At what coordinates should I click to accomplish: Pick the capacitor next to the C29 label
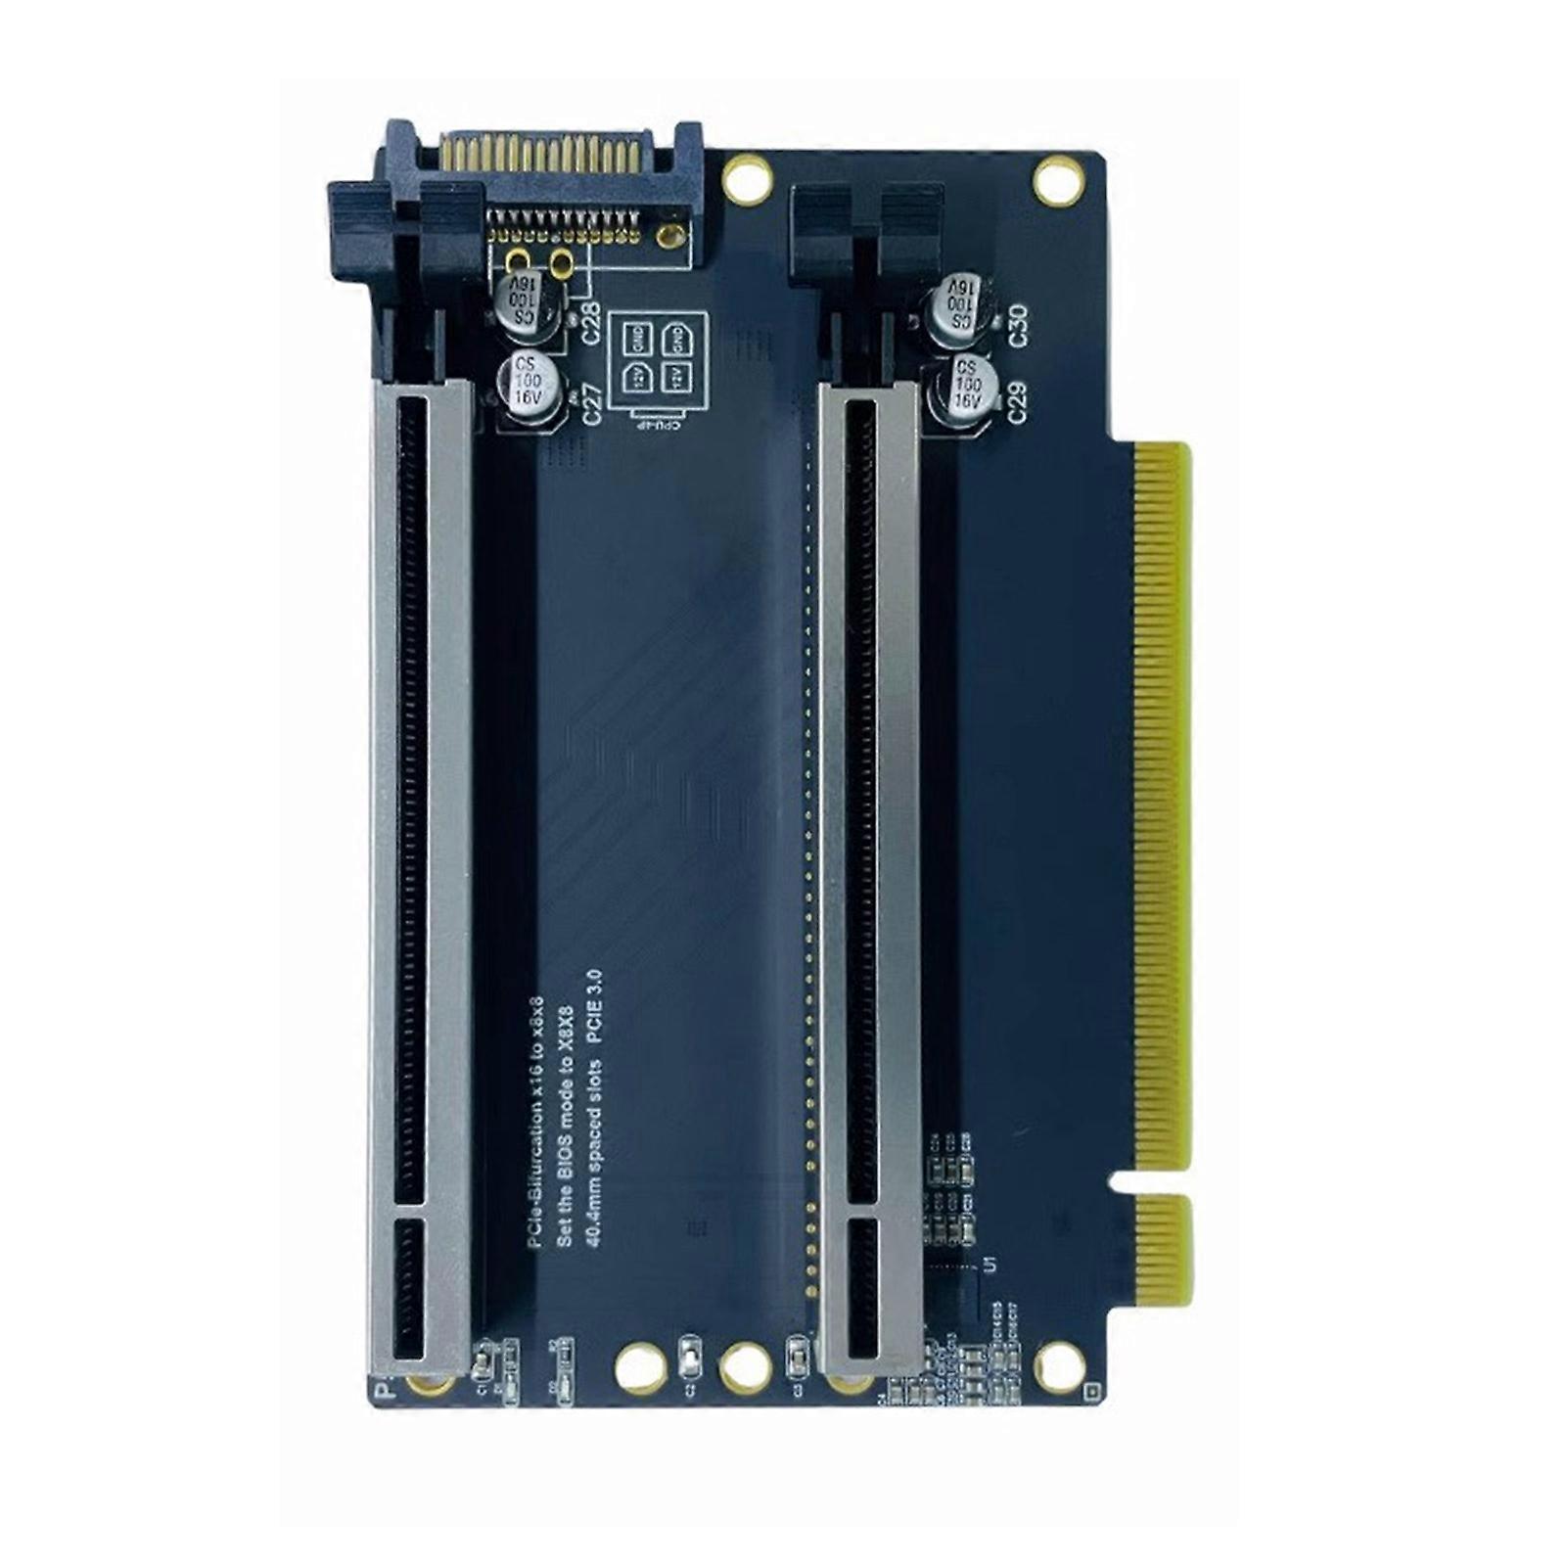tap(965, 387)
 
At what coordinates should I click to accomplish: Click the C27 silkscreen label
tap(592, 401)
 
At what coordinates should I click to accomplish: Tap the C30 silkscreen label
tap(1019, 325)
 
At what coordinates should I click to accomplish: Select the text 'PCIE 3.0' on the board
tap(594, 1008)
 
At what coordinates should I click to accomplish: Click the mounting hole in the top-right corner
tap(1057, 180)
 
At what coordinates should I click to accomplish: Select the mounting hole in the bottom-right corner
tap(1059, 1364)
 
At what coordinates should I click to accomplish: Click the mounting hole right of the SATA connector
tap(746, 180)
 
